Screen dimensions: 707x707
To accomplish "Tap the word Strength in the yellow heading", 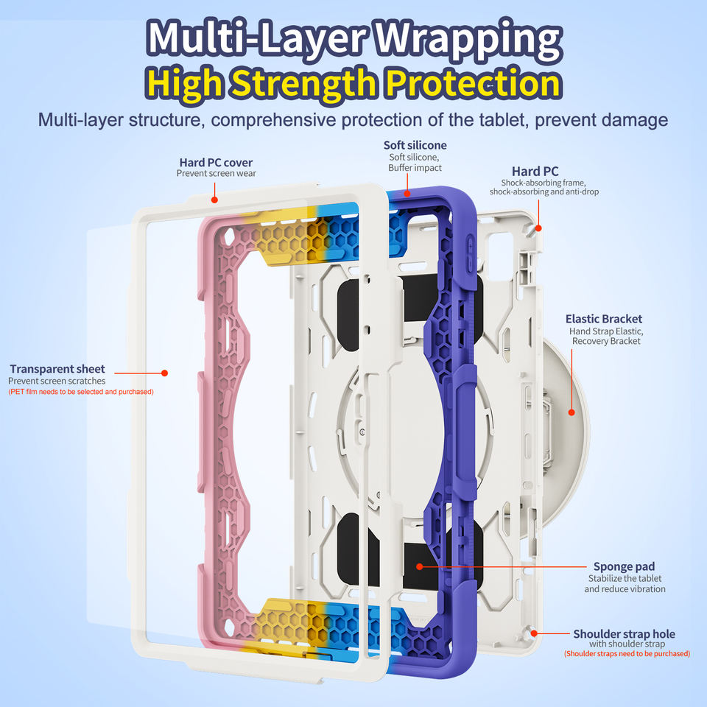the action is click(309, 84).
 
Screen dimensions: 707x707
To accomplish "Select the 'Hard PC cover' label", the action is click(216, 162).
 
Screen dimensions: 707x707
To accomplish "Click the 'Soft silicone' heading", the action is click(415, 145).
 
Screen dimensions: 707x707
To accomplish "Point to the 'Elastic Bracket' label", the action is click(604, 319).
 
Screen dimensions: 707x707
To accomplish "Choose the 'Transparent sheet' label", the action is click(57, 369).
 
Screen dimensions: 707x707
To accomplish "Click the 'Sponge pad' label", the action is click(624, 566).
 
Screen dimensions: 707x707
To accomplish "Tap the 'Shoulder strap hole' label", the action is click(624, 634).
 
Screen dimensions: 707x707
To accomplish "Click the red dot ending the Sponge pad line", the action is click(418, 566).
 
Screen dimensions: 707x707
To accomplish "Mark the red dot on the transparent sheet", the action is click(164, 373).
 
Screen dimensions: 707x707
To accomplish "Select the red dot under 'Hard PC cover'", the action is click(214, 200).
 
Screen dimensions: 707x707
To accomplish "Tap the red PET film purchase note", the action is click(81, 392).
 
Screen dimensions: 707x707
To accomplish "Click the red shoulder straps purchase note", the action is click(627, 654).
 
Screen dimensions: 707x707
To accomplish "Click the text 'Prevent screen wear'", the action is click(216, 174).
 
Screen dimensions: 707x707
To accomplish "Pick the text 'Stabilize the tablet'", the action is click(625, 578).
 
